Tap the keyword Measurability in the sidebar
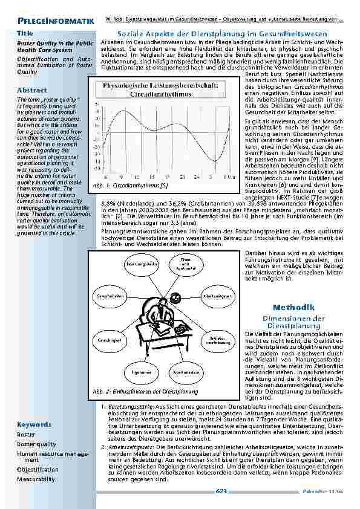[x=36, y=479]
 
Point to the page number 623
[x=221, y=492]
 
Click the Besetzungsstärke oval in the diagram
[x=142, y=265]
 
